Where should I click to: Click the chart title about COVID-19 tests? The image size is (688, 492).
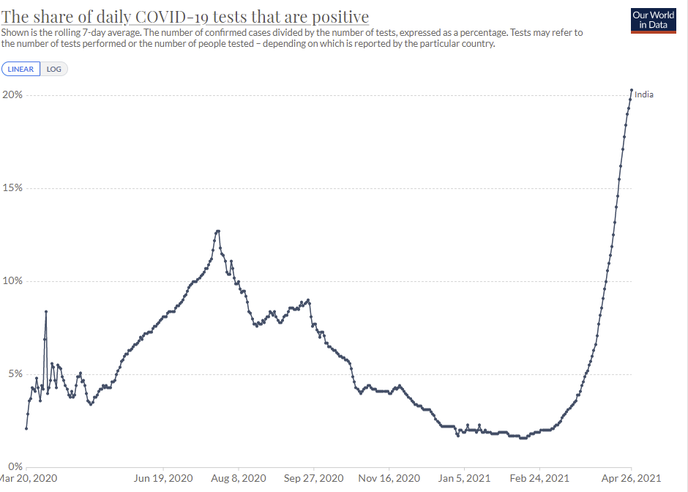click(x=184, y=17)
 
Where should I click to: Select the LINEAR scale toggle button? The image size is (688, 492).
click(x=20, y=69)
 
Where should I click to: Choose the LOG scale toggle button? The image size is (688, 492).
click(x=54, y=69)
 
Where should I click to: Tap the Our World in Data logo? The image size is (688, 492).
click(x=653, y=20)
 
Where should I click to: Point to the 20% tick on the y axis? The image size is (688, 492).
click(x=12, y=95)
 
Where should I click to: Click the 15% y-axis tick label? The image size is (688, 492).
click(x=12, y=188)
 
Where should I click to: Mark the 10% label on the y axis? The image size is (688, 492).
click(x=12, y=281)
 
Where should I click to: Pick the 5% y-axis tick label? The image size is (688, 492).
click(x=15, y=374)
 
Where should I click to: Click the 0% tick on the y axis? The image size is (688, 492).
click(x=15, y=466)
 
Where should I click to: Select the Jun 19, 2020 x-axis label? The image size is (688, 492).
click(x=163, y=478)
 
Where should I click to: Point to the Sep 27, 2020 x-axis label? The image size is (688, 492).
click(x=314, y=478)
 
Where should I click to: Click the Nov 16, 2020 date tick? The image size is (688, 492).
click(x=389, y=478)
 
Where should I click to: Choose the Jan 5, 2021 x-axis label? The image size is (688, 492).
click(x=465, y=478)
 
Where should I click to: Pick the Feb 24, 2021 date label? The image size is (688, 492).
click(x=539, y=478)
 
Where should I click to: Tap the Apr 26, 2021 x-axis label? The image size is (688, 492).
click(x=631, y=478)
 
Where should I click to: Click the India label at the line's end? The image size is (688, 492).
click(x=644, y=94)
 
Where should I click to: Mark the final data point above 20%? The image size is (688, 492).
click(x=632, y=90)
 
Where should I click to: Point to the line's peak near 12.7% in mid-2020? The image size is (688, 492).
click(x=217, y=231)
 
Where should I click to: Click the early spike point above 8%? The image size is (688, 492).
click(x=46, y=311)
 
